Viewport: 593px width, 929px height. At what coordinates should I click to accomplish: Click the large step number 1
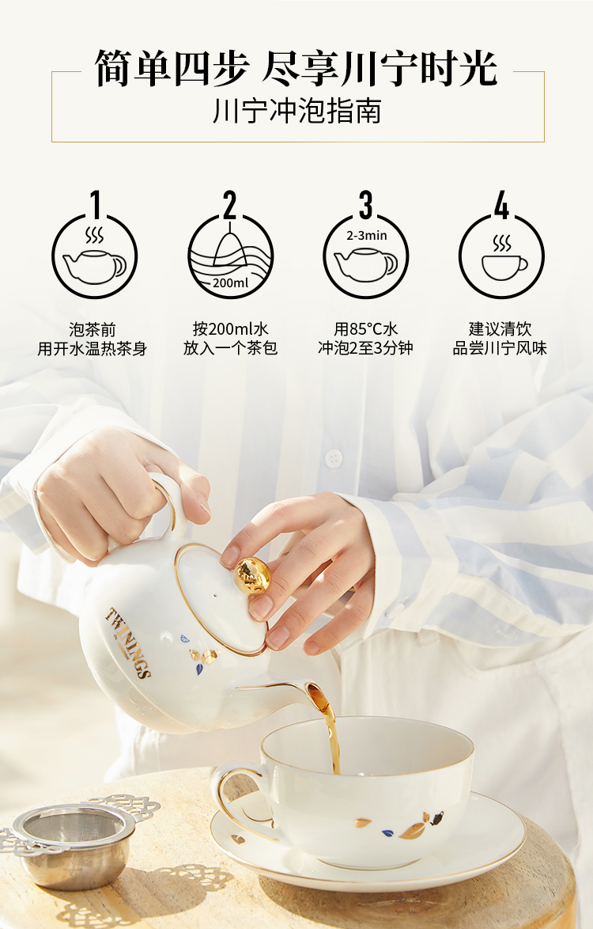click(x=96, y=204)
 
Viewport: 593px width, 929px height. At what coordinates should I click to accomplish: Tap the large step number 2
click(x=229, y=205)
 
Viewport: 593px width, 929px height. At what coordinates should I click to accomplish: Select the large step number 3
click(x=366, y=205)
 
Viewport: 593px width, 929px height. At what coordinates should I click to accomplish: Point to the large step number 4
click(x=501, y=205)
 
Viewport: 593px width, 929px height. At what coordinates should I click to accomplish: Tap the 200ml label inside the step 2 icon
click(x=231, y=283)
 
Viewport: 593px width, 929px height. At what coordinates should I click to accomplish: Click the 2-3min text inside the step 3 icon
click(x=367, y=235)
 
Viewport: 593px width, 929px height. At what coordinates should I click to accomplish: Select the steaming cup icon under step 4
click(x=503, y=258)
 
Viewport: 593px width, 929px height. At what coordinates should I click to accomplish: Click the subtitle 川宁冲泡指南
click(x=297, y=111)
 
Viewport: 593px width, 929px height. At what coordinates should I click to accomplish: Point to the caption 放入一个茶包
click(x=230, y=348)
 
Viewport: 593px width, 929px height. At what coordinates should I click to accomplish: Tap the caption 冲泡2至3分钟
click(x=365, y=348)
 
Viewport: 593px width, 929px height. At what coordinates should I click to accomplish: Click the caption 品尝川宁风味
click(x=500, y=348)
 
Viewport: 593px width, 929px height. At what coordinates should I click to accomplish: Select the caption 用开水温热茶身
click(x=93, y=348)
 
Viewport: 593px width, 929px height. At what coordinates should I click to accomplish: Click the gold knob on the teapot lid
click(x=253, y=574)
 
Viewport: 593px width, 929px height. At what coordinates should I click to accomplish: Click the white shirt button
click(x=334, y=458)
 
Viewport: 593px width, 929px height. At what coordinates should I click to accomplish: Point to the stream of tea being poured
click(x=330, y=732)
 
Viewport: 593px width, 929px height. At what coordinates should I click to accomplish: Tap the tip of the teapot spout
click(x=314, y=690)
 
